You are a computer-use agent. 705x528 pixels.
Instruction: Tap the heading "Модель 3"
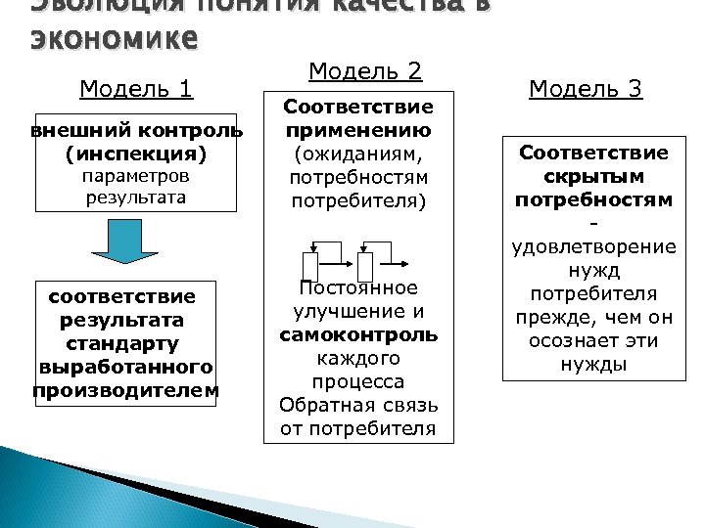click(585, 89)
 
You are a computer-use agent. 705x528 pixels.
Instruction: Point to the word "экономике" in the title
click(116, 41)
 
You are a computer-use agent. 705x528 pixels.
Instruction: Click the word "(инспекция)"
click(136, 154)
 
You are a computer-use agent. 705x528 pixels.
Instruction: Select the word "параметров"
click(136, 177)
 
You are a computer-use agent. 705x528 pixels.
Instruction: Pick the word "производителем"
click(125, 391)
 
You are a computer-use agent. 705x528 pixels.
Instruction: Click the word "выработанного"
click(125, 368)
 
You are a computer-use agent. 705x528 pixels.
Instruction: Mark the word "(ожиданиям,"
click(358, 154)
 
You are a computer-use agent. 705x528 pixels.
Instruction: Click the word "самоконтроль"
click(358, 334)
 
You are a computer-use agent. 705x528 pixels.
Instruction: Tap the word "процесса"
click(358, 381)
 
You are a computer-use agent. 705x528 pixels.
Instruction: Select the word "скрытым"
click(593, 176)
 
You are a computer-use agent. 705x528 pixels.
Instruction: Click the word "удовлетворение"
click(593, 246)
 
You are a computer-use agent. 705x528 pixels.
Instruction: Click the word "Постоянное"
click(358, 287)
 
